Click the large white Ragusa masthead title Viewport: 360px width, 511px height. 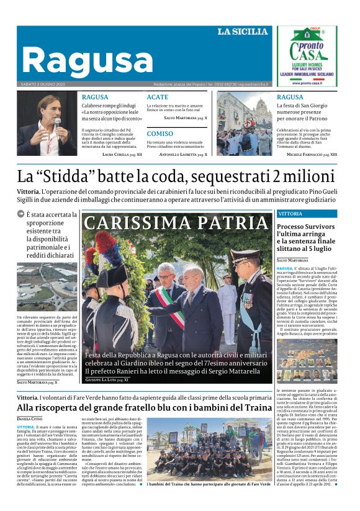pyautogui.click(x=87, y=60)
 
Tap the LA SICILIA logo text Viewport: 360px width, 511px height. pyautogui.click(x=242, y=32)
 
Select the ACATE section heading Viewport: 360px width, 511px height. pyautogui.click(x=158, y=97)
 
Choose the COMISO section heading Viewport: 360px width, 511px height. pyautogui.click(x=160, y=133)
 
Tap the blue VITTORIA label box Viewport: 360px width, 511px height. pyautogui.click(x=290, y=214)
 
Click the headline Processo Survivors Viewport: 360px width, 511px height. pyautogui.click(x=305, y=227)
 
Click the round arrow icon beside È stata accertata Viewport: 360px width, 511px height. pyautogui.click(x=20, y=214)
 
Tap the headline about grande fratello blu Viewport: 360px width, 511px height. pyautogui.click(x=144, y=407)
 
